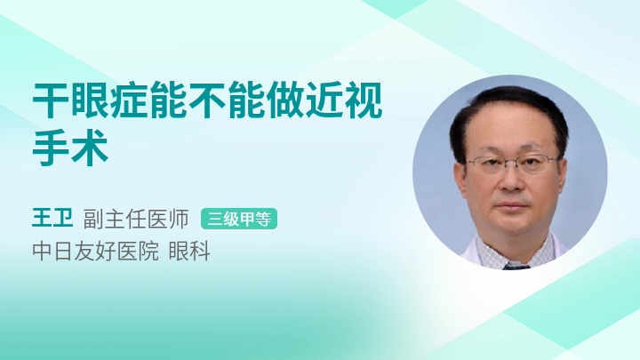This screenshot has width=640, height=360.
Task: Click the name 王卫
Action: click(x=52, y=219)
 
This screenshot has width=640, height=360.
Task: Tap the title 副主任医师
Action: click(x=136, y=219)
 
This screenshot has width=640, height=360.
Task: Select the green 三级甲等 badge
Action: click(x=239, y=219)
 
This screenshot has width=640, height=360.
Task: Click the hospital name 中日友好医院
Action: click(x=95, y=251)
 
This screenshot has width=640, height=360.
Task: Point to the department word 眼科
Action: click(x=189, y=251)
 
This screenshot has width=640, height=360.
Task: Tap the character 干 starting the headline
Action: click(x=50, y=100)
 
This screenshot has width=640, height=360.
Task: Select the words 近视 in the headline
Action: click(x=344, y=100)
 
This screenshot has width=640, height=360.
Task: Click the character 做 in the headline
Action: click(x=285, y=100)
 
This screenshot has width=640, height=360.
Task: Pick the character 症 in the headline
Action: click(x=129, y=100)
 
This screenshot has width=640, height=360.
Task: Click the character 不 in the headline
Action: click(x=207, y=100)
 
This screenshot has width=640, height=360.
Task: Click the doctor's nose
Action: click(x=510, y=180)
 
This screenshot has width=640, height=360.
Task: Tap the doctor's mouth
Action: click(x=511, y=205)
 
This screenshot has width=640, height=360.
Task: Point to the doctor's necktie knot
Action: click(x=516, y=267)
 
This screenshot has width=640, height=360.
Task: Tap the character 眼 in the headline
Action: click(x=90, y=100)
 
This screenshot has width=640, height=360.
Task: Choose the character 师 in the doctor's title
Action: click(x=179, y=219)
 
